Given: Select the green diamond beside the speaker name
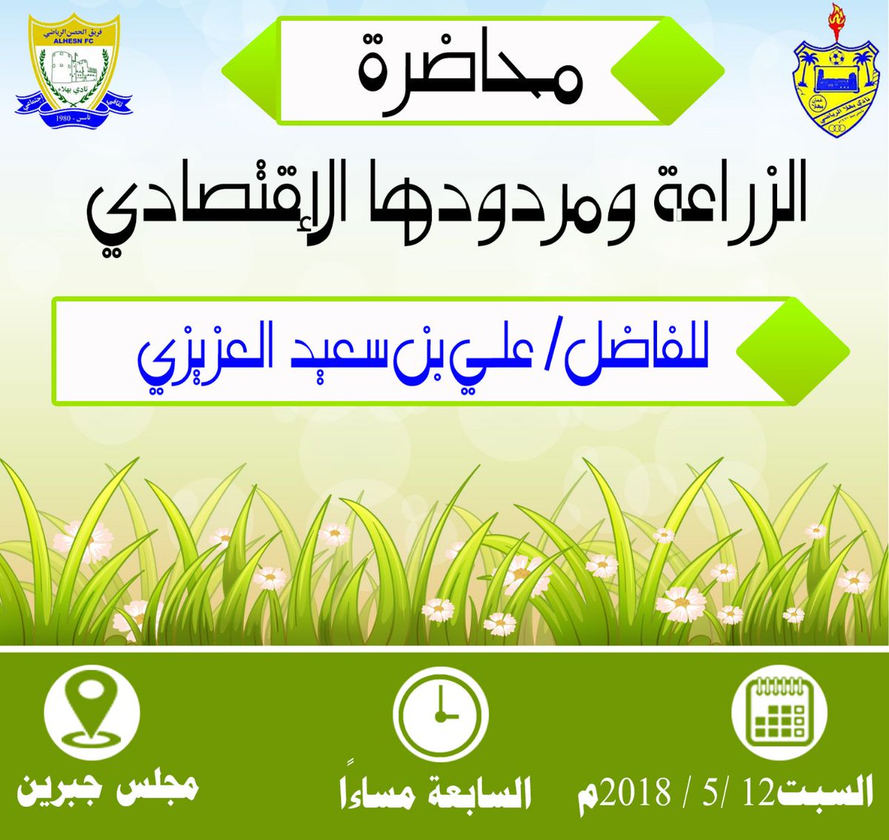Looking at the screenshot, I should point(793,351).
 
